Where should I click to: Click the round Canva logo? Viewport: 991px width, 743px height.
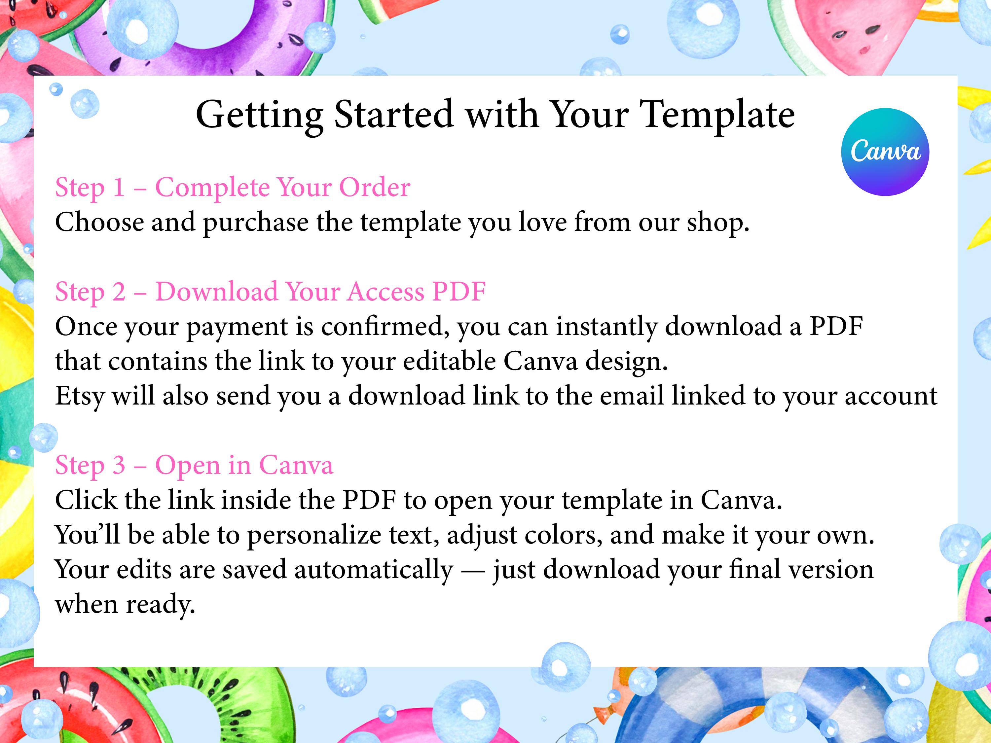tap(885, 152)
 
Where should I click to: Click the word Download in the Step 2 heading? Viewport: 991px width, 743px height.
tap(216, 292)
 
